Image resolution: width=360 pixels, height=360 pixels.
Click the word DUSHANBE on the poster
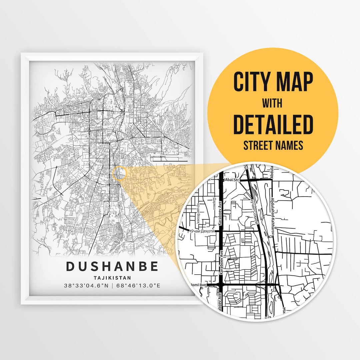(x=112, y=267)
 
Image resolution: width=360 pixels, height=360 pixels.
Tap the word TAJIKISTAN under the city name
(x=112, y=277)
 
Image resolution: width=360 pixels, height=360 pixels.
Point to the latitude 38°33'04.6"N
(x=85, y=286)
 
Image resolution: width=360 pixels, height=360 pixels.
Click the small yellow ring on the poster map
(x=120, y=173)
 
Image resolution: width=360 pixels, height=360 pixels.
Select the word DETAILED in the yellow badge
(x=273, y=124)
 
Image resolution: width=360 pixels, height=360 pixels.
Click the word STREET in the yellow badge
(x=258, y=145)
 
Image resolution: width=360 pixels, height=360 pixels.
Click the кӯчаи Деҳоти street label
(x=203, y=231)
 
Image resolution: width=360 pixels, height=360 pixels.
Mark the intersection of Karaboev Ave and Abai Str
(x=221, y=180)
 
